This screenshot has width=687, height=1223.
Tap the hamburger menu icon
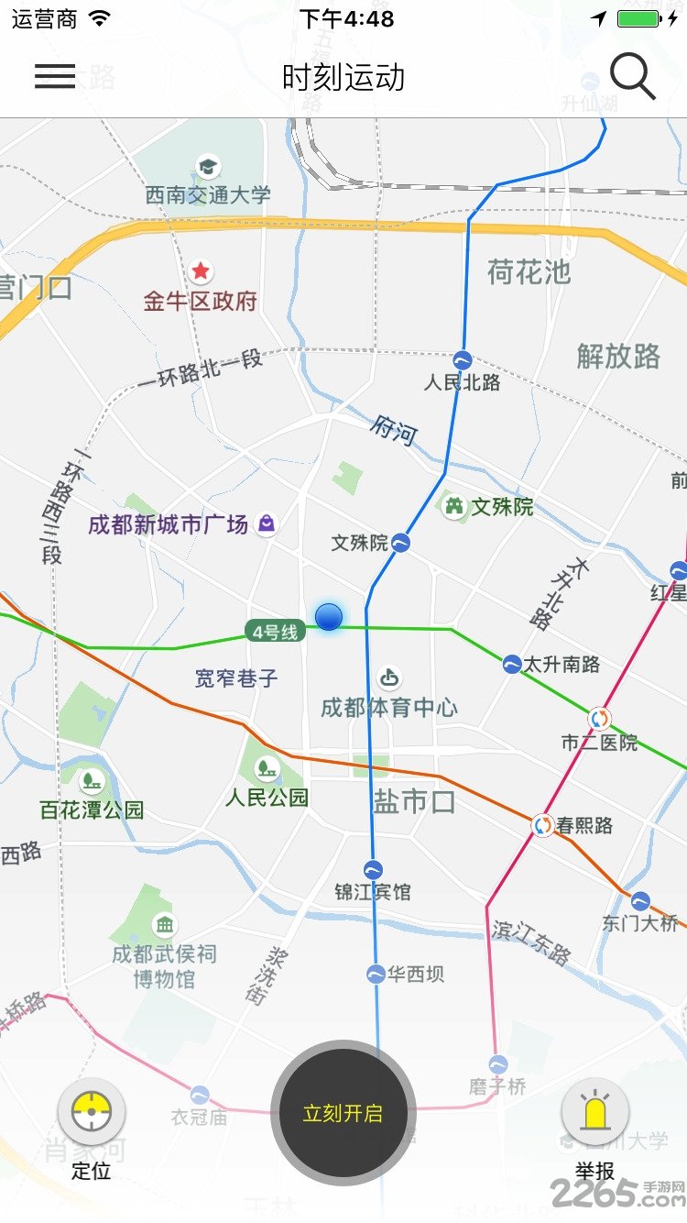click(55, 77)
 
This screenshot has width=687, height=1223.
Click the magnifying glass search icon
click(632, 76)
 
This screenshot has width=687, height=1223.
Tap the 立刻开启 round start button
click(343, 1113)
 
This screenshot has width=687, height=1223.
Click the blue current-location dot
click(329, 617)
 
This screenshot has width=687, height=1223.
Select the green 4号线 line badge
click(276, 631)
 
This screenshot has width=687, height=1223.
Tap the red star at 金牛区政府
click(201, 271)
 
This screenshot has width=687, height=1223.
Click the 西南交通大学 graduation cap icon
click(209, 167)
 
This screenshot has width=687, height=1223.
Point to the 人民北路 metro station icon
click(463, 359)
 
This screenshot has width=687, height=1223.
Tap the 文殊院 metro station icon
click(401, 544)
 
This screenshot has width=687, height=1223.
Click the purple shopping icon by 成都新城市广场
click(266, 523)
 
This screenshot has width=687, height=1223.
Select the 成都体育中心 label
click(389, 707)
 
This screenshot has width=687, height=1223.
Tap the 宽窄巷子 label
click(236, 678)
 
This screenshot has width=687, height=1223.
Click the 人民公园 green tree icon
click(267, 766)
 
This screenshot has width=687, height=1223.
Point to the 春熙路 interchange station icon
click(543, 825)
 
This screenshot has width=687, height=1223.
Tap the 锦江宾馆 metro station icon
click(373, 869)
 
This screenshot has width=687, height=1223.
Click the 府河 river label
click(395, 429)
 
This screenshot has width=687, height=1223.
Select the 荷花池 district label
click(529, 271)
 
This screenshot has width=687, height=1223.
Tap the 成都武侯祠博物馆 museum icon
click(165, 923)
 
